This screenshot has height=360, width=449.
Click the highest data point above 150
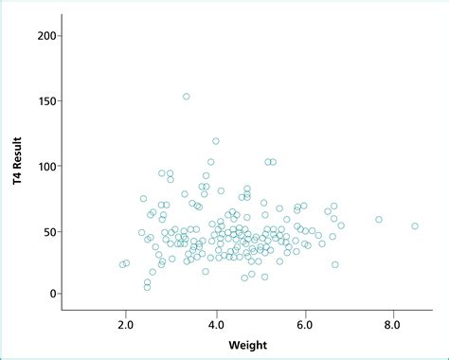[186, 97]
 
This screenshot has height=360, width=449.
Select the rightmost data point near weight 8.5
[415, 226]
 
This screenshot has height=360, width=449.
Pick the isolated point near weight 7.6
[379, 220]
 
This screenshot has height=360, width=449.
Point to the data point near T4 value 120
[216, 141]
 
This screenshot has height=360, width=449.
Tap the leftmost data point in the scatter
[122, 264]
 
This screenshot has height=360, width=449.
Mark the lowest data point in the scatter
[147, 286]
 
